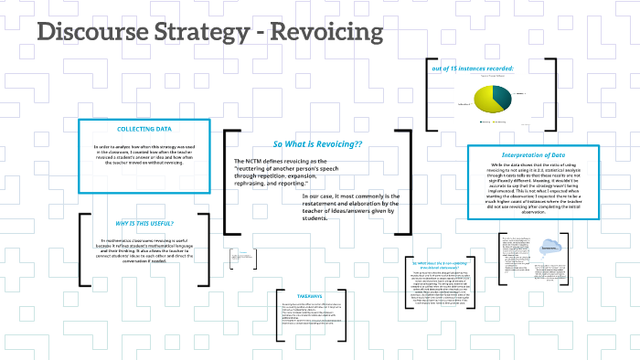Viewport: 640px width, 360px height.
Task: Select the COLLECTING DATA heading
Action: click(x=143, y=130)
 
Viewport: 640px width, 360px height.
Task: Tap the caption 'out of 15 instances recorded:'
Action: click(x=471, y=69)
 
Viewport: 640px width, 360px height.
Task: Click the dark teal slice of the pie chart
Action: click(x=500, y=99)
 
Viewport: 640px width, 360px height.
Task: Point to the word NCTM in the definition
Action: click(x=256, y=161)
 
